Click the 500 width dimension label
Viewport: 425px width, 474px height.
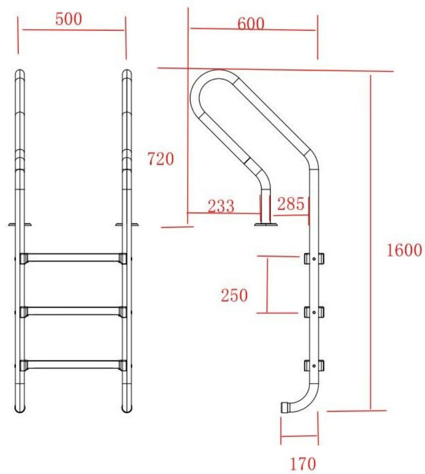click(69, 19)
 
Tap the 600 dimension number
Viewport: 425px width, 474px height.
click(250, 23)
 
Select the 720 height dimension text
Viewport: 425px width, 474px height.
click(160, 159)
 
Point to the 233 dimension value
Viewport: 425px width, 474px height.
click(221, 206)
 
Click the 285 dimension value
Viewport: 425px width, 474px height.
click(290, 204)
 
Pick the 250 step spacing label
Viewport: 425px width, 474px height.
click(234, 295)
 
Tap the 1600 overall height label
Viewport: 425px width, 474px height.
click(404, 250)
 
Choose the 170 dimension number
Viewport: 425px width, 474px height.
click(303, 463)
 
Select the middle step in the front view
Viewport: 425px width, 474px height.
click(73, 312)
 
